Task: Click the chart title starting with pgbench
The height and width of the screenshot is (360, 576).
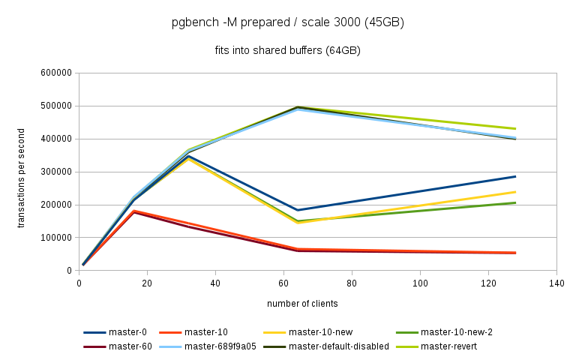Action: click(x=288, y=22)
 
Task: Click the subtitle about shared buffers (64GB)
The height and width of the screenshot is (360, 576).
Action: click(x=288, y=51)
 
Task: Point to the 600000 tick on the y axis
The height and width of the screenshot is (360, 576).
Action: click(x=57, y=73)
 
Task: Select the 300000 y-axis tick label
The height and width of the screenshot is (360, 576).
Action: click(x=57, y=172)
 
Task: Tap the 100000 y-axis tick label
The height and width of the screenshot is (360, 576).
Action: click(x=57, y=238)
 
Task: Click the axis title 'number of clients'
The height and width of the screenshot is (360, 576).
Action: click(x=302, y=304)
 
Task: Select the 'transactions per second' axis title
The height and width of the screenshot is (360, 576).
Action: click(x=22, y=172)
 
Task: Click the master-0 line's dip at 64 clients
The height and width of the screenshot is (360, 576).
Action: click(x=298, y=210)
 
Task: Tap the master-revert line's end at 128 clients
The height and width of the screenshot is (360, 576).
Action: click(x=515, y=128)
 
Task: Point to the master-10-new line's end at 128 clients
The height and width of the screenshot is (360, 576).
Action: click(x=515, y=192)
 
